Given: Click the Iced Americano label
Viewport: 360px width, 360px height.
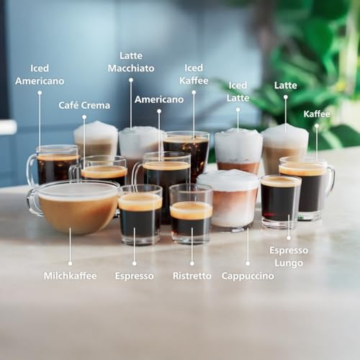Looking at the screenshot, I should coord(40,74).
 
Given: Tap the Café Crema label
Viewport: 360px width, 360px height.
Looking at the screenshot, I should coord(84,105).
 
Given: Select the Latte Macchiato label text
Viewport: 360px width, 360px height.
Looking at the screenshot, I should coord(131,61).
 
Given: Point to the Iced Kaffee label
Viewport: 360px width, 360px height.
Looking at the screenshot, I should coord(193,74).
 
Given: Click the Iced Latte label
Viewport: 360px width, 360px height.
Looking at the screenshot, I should coord(238,91).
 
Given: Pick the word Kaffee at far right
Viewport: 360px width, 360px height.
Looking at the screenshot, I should coord(317,114).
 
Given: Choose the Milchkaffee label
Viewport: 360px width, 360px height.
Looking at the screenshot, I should coord(70,276).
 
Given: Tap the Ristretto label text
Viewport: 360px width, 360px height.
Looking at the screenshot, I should coord(192,276).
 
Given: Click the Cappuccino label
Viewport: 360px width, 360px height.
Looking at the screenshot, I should coord(248,276).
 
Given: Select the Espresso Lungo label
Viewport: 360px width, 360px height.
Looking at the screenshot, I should coord(289,256).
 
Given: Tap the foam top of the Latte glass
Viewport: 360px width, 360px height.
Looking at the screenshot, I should coord(284,135).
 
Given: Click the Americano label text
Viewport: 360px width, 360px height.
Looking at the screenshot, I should coord(159,99).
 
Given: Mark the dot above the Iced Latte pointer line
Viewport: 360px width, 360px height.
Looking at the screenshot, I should coord(238,109).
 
